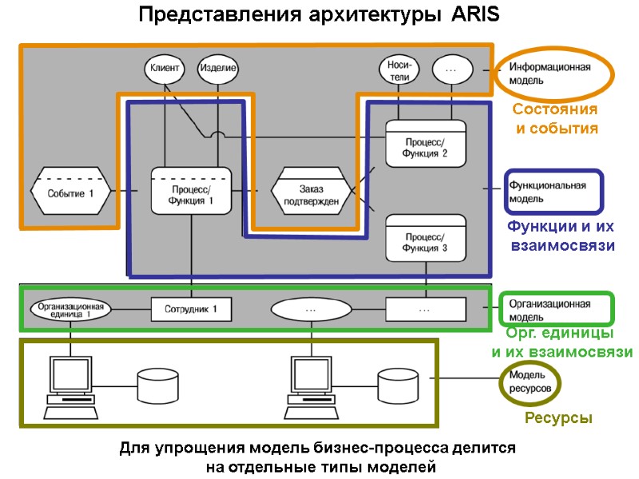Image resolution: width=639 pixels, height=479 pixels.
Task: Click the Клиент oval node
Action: pyautogui.click(x=164, y=69)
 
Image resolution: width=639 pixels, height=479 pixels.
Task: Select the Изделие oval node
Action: pyautogui.click(x=217, y=69)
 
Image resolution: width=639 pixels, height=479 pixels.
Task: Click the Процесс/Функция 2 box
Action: pyautogui.click(x=426, y=143)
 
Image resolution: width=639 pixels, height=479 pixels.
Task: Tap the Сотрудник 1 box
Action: pyautogui.click(x=191, y=308)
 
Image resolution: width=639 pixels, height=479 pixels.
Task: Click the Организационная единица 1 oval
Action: pyautogui.click(x=71, y=308)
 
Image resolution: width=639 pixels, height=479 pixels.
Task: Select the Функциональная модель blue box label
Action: pyautogui.click(x=553, y=192)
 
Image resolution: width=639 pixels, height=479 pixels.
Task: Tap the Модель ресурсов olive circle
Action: pyautogui.click(x=530, y=382)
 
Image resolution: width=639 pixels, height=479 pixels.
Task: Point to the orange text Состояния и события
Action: pyautogui.click(x=555, y=118)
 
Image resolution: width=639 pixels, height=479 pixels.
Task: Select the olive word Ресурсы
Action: pyautogui.click(x=558, y=418)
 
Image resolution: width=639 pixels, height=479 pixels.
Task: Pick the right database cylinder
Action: pyautogui.click(x=397, y=385)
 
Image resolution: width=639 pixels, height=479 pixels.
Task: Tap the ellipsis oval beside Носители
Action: pyautogui.click(x=450, y=69)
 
